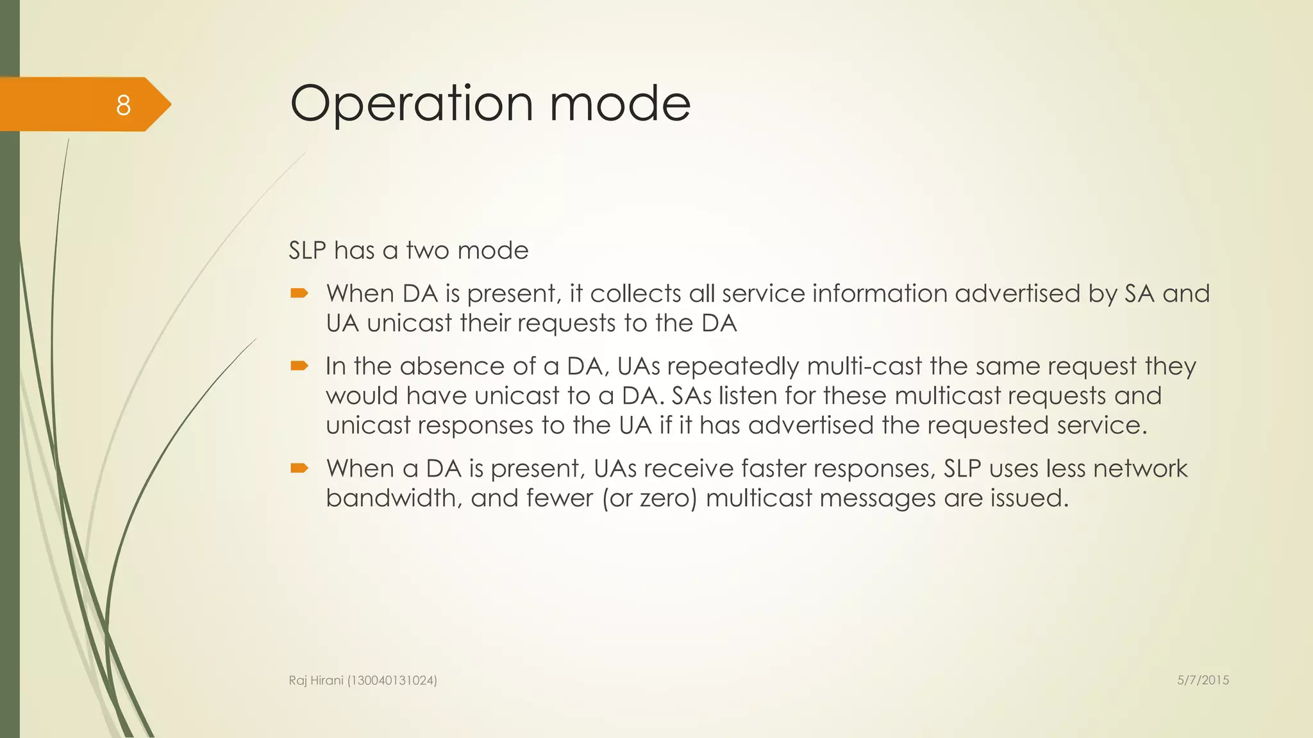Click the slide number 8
(123, 105)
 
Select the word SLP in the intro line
(307, 250)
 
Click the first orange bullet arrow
(299, 294)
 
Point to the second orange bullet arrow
(299, 366)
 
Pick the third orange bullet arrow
(299, 469)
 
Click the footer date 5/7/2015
(1203, 680)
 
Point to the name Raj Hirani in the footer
(316, 681)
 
